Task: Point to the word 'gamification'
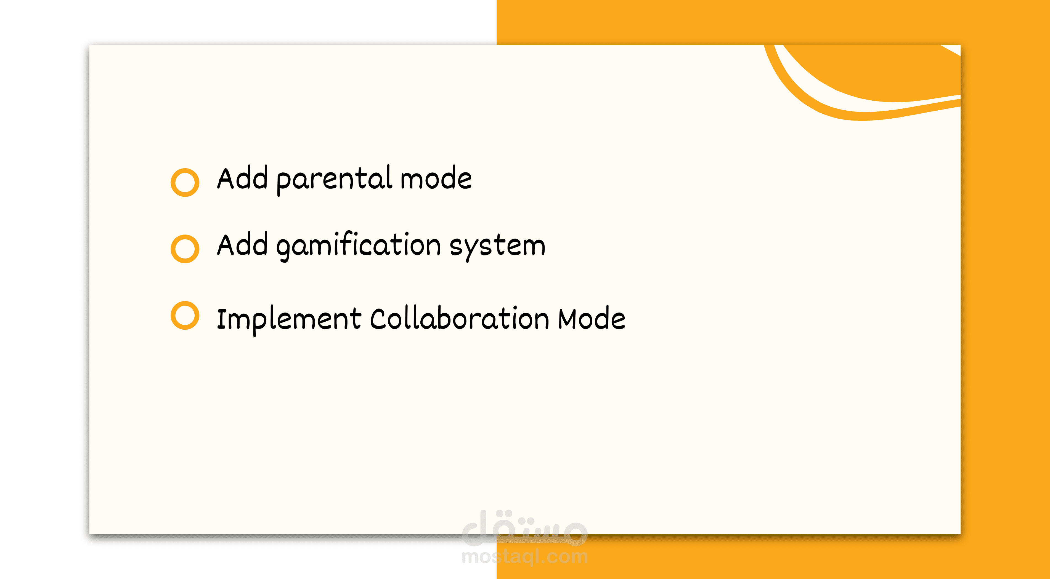click(x=359, y=246)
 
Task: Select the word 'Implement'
click(x=289, y=320)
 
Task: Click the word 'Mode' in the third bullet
click(x=592, y=318)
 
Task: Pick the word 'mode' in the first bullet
click(x=436, y=178)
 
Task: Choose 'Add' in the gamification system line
click(x=243, y=244)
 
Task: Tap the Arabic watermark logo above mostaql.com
click(x=525, y=528)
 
